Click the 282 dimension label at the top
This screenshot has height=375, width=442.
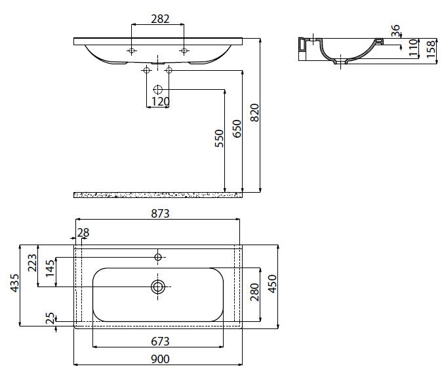point(160,19)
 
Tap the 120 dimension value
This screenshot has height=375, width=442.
point(161,102)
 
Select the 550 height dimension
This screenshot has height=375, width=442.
point(219,138)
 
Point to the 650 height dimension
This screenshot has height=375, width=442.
point(237,128)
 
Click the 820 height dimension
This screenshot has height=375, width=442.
point(254,113)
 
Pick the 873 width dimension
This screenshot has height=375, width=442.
point(160,214)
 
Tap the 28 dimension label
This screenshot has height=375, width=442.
point(83,233)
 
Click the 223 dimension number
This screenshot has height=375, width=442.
point(32,263)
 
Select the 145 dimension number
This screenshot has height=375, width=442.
point(50,268)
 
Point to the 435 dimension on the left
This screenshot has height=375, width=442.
point(14,283)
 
